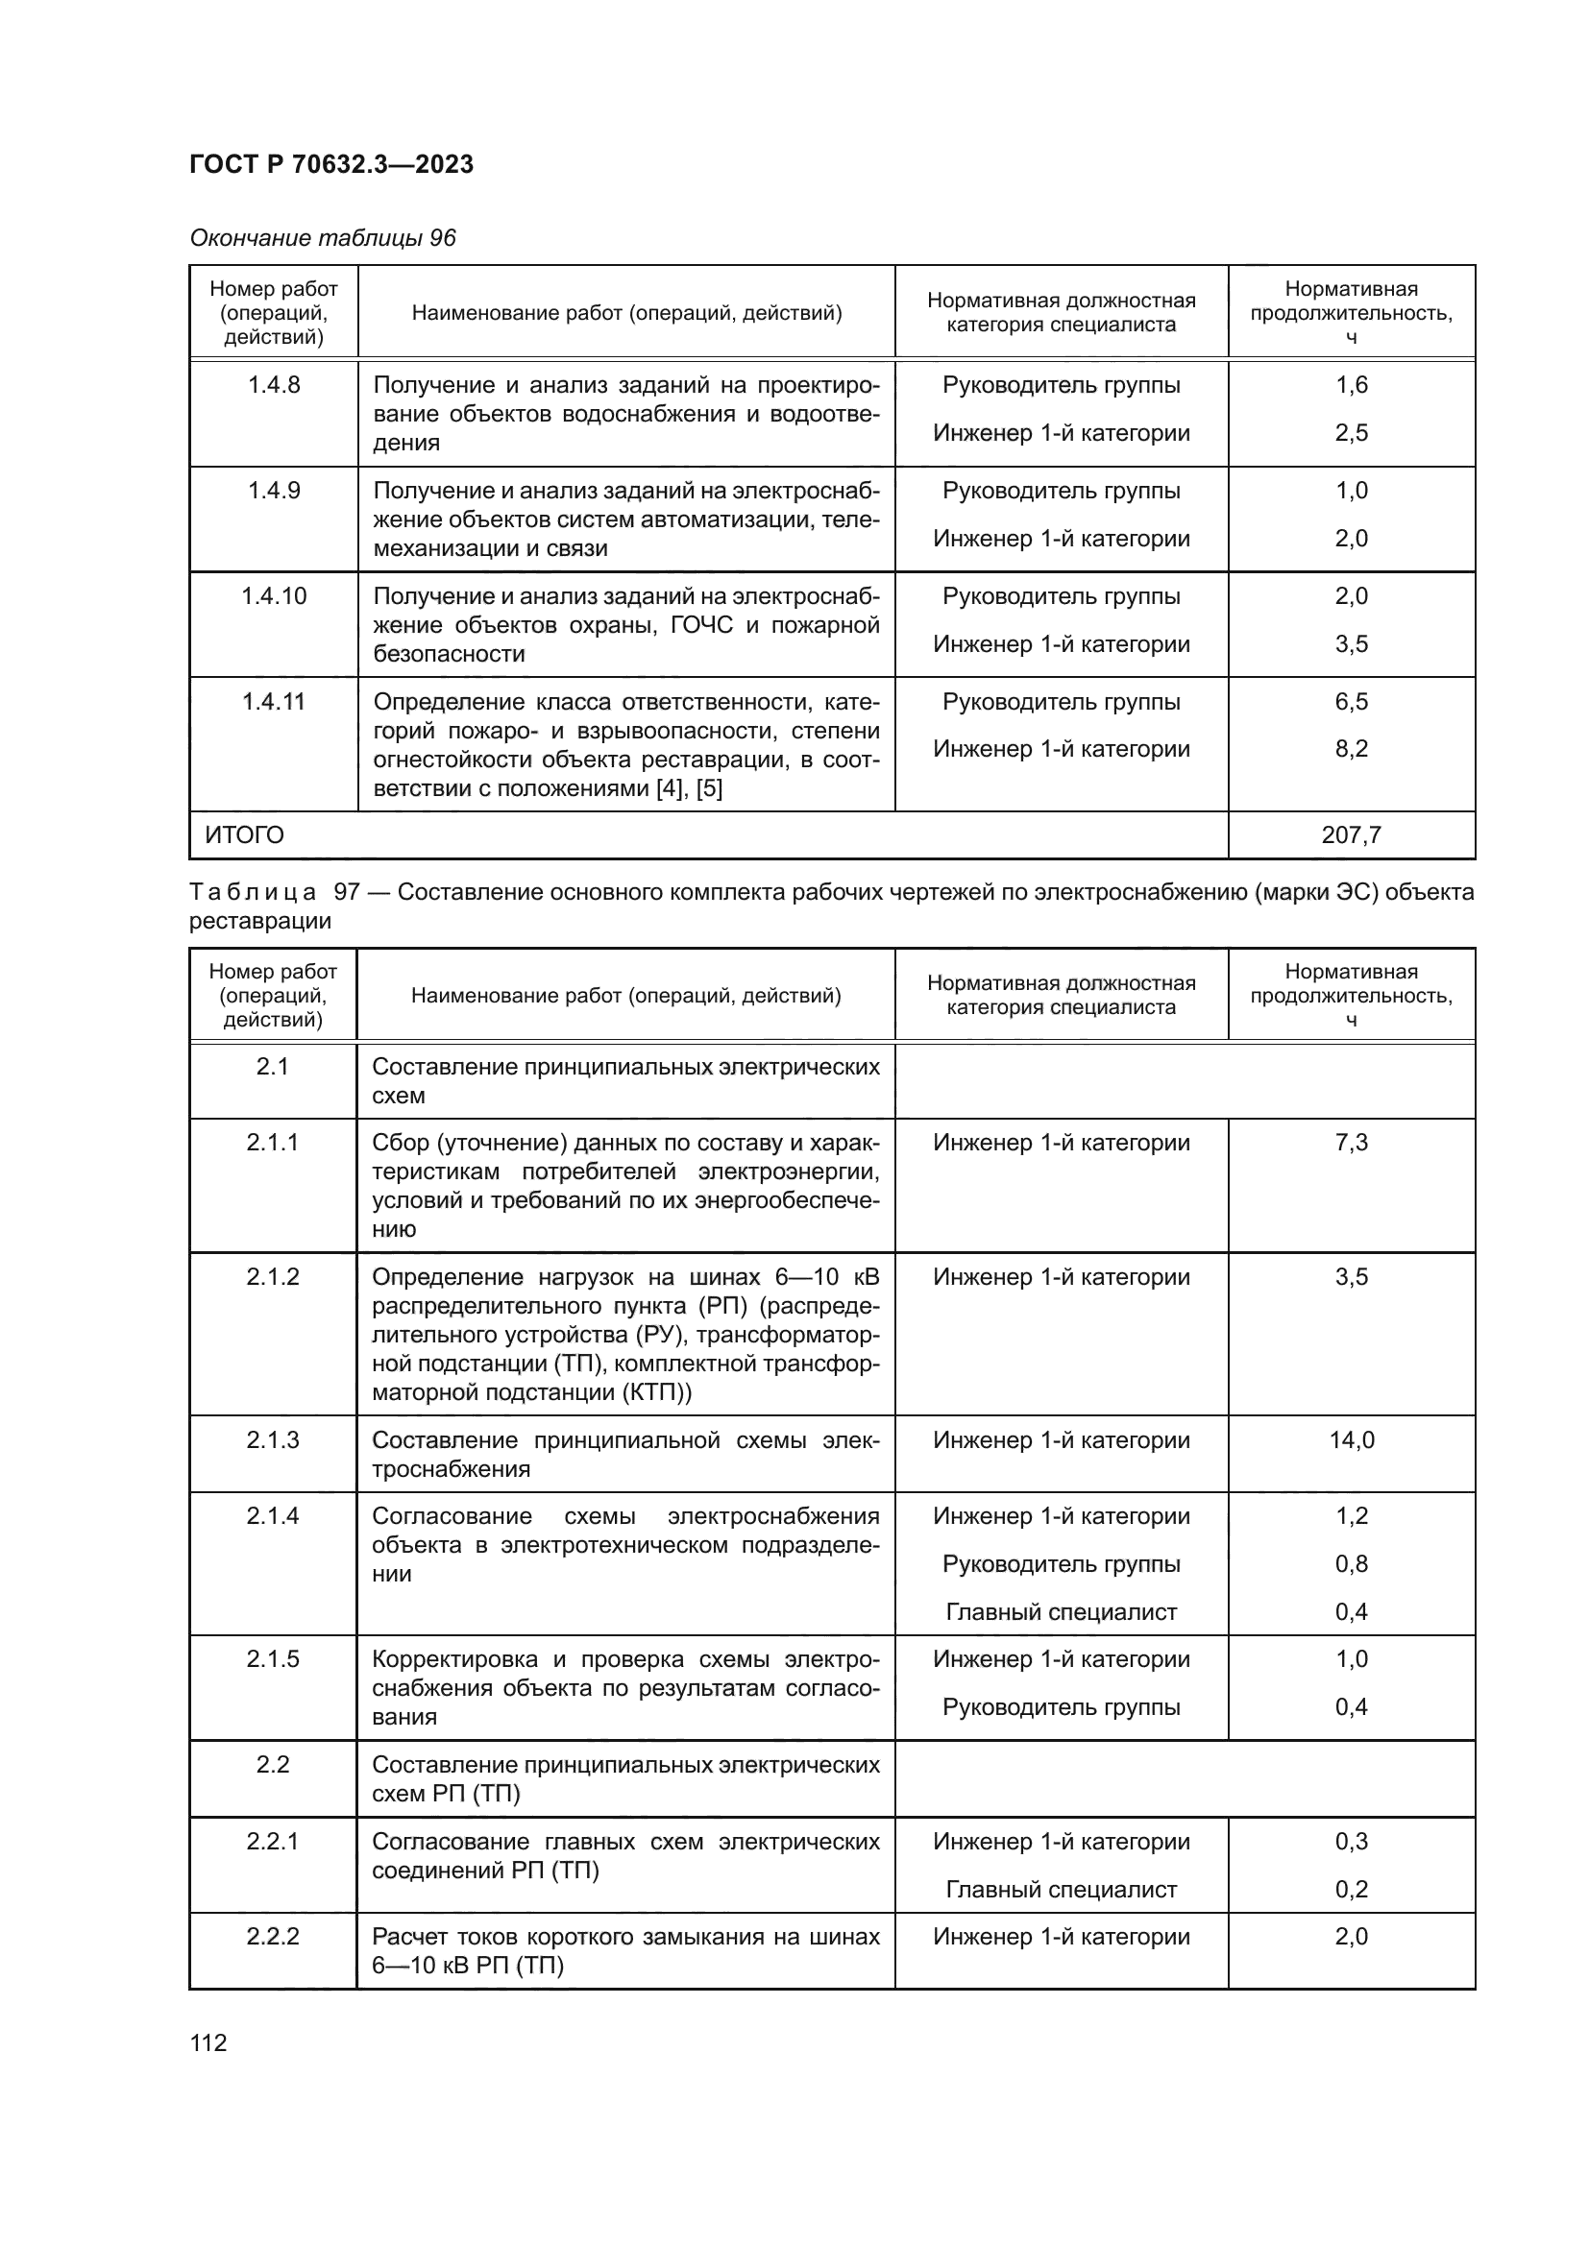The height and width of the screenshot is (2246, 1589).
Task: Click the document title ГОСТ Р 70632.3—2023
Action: pos(330,164)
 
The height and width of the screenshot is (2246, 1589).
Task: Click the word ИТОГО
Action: pos(245,835)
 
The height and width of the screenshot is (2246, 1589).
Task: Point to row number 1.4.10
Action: pos(273,595)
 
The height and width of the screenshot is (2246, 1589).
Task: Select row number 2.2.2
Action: pos(272,1937)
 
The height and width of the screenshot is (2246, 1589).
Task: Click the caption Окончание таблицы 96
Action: pos(322,238)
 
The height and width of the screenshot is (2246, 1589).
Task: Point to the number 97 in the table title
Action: pos(347,892)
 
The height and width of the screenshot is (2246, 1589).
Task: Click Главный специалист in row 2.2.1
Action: pos(1061,1890)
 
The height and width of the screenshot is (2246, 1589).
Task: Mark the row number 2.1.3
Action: pos(272,1440)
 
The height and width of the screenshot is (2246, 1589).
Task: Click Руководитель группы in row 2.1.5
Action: pos(1061,1707)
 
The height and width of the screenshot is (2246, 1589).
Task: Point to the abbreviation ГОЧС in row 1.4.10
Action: pos(701,625)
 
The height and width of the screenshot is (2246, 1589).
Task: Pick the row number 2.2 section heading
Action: pos(272,1765)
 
